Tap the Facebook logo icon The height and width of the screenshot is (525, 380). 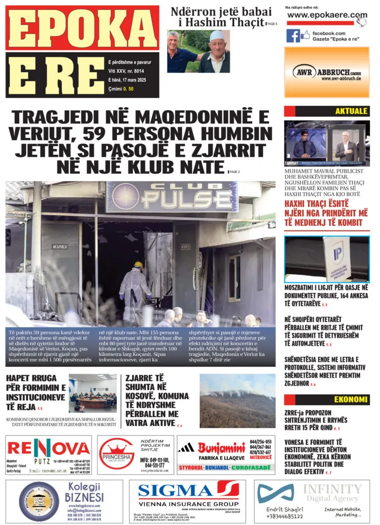click(x=293, y=36)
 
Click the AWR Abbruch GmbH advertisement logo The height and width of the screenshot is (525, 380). click(x=327, y=73)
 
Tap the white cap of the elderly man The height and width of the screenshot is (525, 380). click(x=217, y=36)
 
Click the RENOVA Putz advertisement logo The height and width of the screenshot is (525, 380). click(x=48, y=449)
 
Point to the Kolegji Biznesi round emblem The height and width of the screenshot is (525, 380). click(x=39, y=501)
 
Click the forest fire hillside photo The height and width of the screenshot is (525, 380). click(x=237, y=401)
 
